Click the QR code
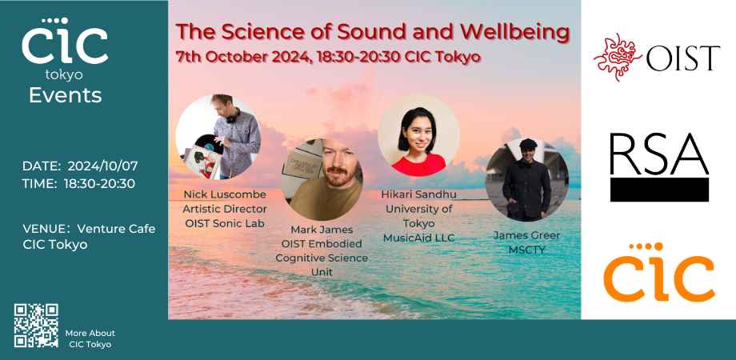[x=36, y=325]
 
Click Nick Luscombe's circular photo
[x=218, y=137]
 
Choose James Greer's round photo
[x=526, y=180]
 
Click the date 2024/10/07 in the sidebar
[x=102, y=166]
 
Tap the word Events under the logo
[x=65, y=96]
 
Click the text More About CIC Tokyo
[x=90, y=338]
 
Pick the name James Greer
[x=526, y=235]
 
